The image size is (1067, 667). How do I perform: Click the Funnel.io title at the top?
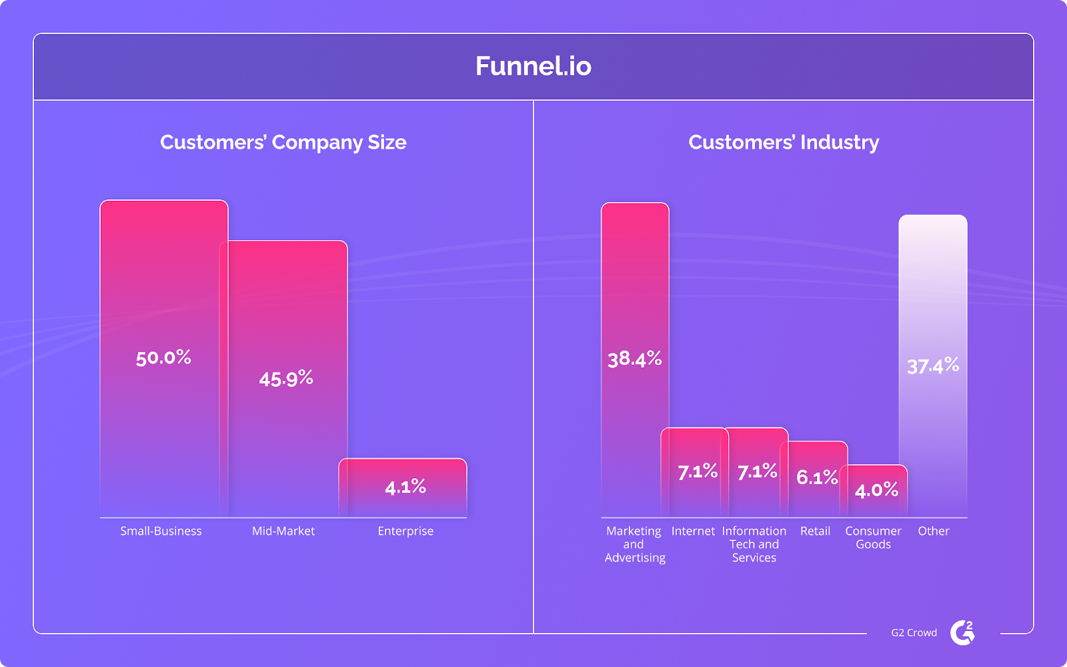(533, 66)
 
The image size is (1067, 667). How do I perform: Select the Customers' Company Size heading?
(283, 142)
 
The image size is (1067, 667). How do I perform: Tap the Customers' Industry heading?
(784, 142)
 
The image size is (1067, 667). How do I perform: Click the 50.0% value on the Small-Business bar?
(163, 358)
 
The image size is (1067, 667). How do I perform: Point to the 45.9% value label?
(286, 379)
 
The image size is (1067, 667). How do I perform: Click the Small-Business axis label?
(161, 531)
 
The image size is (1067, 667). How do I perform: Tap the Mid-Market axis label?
(283, 531)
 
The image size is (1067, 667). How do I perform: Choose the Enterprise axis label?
(405, 531)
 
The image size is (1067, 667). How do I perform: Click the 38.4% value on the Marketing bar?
(634, 360)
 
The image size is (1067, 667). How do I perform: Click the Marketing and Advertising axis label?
(634, 544)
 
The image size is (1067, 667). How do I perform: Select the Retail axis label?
(815, 531)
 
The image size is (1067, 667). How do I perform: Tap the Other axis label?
(934, 531)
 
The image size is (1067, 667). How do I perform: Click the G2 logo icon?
(962, 632)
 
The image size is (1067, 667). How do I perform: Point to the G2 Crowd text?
(914, 633)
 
